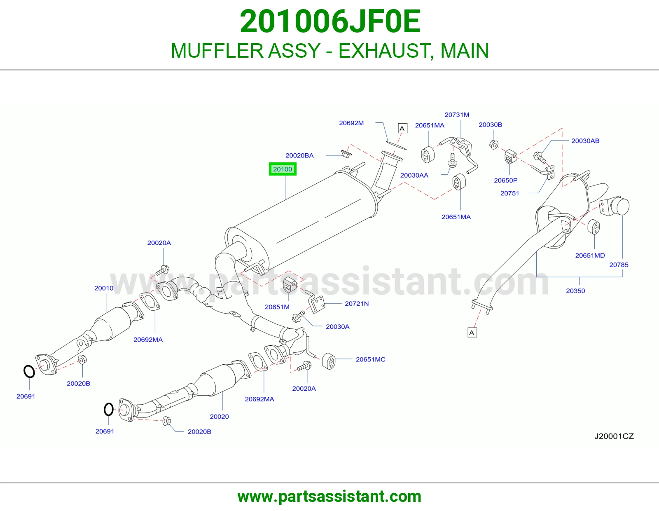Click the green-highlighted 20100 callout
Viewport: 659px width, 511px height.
click(x=283, y=169)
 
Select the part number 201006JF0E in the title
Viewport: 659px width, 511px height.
click(x=330, y=21)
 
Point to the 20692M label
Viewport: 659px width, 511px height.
click(x=351, y=123)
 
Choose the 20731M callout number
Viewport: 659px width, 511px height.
click(x=457, y=115)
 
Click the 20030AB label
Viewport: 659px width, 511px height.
click(x=585, y=141)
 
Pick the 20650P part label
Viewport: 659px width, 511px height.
click(x=505, y=180)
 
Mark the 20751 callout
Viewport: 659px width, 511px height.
click(x=509, y=193)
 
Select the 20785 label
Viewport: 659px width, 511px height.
click(x=619, y=265)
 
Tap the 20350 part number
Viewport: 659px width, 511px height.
click(x=575, y=291)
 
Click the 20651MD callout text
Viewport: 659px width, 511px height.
click(x=590, y=255)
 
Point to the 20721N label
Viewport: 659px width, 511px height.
click(x=357, y=303)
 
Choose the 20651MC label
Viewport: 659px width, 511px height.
click(x=370, y=359)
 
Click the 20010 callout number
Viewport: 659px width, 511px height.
click(x=104, y=288)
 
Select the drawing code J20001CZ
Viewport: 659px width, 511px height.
click(x=614, y=436)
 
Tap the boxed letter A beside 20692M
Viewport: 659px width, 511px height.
click(x=402, y=128)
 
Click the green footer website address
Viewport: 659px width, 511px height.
click(x=329, y=497)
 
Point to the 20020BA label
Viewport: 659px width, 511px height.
click(x=299, y=155)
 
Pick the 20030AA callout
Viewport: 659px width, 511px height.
click(x=414, y=176)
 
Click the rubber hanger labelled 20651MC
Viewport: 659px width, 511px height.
click(x=328, y=361)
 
